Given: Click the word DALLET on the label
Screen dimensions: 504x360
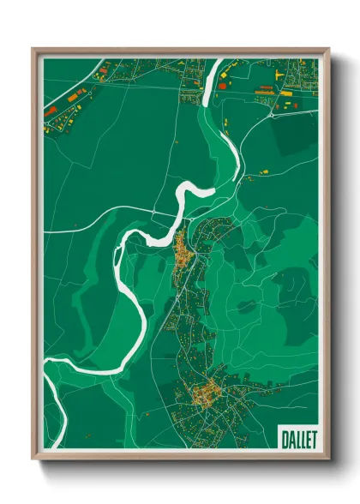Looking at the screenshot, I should tap(297, 439).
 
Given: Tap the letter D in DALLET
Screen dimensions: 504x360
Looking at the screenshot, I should tap(284, 439).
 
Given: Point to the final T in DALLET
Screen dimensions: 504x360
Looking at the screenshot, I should tap(312, 439).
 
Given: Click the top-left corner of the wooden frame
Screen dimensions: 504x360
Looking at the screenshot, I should tap(33, 49).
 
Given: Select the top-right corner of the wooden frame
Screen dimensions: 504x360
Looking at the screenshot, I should tap(328, 49).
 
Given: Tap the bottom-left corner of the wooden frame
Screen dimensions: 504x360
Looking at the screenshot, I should tap(33, 460).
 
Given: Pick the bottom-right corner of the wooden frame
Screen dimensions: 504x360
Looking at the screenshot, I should tap(328, 460).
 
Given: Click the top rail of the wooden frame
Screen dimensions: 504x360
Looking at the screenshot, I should tap(180, 51).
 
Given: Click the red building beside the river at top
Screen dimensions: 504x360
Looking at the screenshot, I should tap(221, 86).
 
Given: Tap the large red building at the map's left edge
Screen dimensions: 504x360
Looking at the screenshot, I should tap(50, 111).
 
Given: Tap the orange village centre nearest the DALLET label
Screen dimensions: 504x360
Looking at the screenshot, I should tap(206, 395).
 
